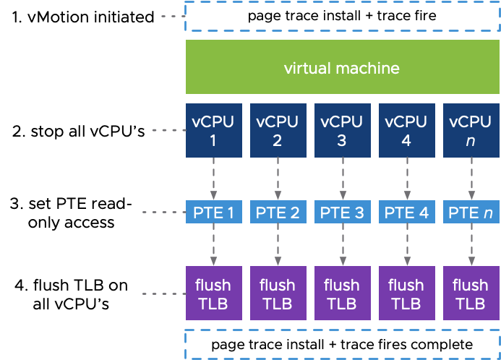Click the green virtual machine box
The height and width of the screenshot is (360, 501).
341,68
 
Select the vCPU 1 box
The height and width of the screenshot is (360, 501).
213,131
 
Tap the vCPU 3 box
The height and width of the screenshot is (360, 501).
341,131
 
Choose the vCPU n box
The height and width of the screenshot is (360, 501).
470,131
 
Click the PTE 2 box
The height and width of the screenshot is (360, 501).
277,213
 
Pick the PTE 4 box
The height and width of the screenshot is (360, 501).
406,213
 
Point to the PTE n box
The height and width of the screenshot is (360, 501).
470,213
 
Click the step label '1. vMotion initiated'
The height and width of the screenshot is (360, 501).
83,17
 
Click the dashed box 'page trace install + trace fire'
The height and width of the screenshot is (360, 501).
341,16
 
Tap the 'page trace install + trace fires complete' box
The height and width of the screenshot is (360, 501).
341,344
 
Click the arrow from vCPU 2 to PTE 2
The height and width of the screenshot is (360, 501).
277,178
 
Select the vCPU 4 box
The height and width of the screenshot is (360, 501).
406,131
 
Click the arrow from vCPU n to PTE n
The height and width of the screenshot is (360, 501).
470,178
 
